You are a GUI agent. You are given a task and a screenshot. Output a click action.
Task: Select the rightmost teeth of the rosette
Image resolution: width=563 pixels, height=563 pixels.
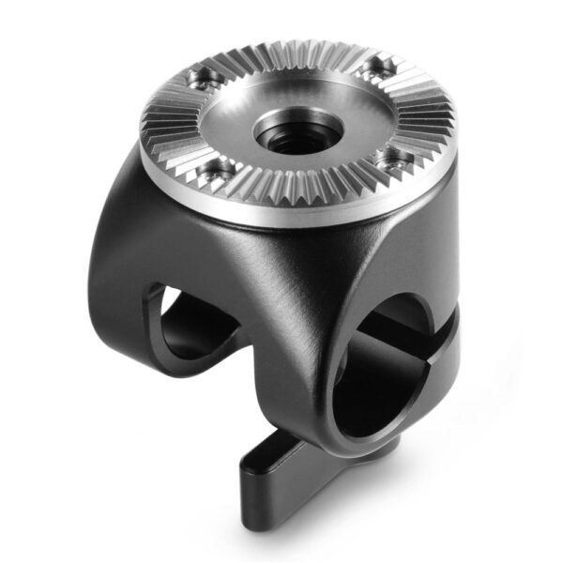[x=441, y=113]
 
